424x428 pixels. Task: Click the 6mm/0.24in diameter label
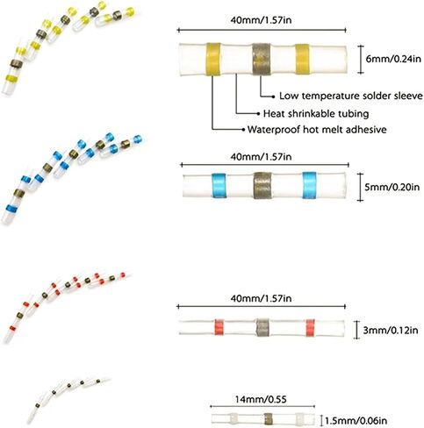click(x=393, y=59)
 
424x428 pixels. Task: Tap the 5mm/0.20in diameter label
click(x=392, y=187)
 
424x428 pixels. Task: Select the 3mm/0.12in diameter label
click(x=391, y=331)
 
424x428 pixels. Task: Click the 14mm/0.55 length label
click(x=261, y=399)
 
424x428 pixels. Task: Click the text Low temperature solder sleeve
click(x=351, y=96)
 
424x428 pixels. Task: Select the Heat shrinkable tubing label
click(x=316, y=113)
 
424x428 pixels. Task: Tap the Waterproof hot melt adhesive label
click(x=317, y=129)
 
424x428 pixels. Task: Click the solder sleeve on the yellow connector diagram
click(x=262, y=60)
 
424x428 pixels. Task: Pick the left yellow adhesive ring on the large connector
click(x=213, y=59)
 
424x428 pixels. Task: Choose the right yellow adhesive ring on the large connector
click(x=302, y=60)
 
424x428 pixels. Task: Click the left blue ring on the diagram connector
click(x=219, y=184)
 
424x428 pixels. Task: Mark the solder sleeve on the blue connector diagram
click(x=262, y=185)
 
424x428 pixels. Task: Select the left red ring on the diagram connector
click(x=219, y=327)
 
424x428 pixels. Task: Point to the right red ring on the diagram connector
click(x=310, y=328)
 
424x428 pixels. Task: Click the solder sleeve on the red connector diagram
click(x=262, y=327)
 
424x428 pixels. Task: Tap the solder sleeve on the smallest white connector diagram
click(x=268, y=419)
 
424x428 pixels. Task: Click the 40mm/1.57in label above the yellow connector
click(x=261, y=20)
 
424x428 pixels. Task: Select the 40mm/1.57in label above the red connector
click(x=261, y=298)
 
